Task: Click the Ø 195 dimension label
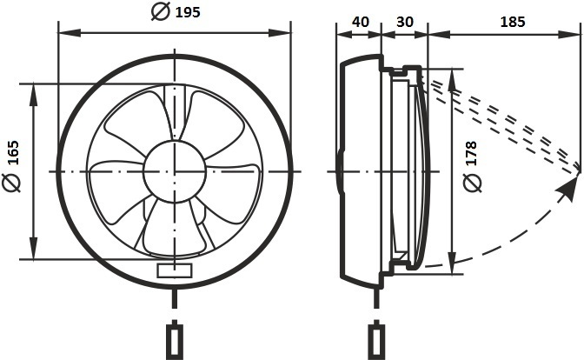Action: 176,11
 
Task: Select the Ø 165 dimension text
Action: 13,166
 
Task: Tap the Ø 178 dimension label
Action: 472,166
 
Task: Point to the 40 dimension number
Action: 360,22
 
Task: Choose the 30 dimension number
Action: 404,22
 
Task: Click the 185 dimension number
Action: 512,22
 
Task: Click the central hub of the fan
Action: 175,171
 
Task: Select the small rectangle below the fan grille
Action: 175,270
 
